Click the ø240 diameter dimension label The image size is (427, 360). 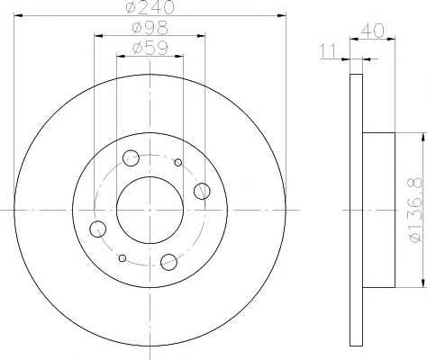pos(150,7)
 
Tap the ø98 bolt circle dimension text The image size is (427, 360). pos(150,29)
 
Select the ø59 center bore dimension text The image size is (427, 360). pos(150,49)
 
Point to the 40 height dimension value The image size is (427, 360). pos(372,31)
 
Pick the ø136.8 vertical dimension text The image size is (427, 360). pos(416,210)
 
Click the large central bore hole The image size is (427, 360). pos(150,211)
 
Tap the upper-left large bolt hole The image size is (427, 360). pos(131,158)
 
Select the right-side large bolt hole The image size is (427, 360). pos(202,191)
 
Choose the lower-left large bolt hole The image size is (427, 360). pos(97,229)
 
